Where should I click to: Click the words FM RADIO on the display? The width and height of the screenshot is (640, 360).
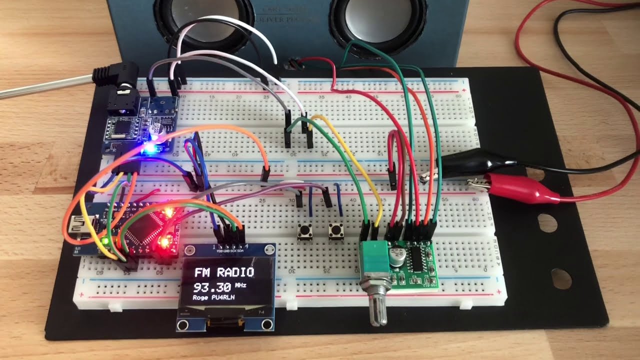pos(223,273)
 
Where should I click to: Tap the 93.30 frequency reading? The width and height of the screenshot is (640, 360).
pos(213,287)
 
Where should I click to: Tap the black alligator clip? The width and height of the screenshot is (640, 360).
pos(480,161)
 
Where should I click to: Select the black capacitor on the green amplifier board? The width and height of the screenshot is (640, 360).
pos(398,252)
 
